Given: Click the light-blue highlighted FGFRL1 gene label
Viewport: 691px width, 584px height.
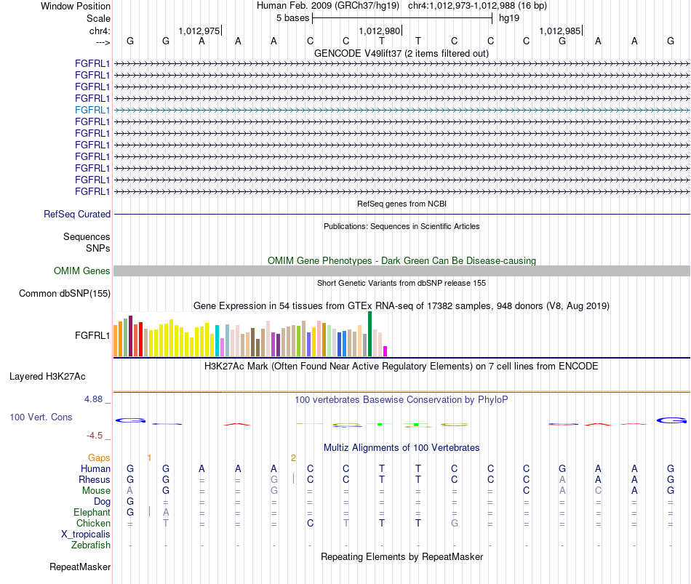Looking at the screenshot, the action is [x=92, y=111].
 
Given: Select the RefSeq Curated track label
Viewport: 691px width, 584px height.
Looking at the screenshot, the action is [x=77, y=215].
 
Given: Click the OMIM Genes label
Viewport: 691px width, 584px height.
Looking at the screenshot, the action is [x=82, y=271].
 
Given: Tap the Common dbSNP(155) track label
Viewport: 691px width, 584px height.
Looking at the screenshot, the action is [x=65, y=294].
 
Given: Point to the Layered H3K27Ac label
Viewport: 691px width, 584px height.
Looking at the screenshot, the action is [x=47, y=377].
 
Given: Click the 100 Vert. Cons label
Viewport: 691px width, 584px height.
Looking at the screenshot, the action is [x=41, y=417].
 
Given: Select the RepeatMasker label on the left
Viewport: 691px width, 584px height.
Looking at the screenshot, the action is [x=80, y=567].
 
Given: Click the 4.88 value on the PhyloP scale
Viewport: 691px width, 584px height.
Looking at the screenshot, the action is [x=93, y=399].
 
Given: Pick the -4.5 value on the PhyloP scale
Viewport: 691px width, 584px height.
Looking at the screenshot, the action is [x=95, y=436].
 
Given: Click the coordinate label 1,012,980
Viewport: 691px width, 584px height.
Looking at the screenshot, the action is [x=380, y=31].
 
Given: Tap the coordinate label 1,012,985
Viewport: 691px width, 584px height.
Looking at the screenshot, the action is [x=560, y=31].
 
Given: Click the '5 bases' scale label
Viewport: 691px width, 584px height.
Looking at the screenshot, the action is [x=292, y=18].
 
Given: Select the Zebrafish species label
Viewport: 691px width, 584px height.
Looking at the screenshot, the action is [x=91, y=545].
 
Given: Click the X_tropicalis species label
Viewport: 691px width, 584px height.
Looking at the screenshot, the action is [x=86, y=535].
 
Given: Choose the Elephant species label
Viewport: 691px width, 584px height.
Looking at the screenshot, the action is [x=92, y=512].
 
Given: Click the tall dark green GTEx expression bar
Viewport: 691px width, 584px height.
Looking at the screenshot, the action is [x=370, y=334].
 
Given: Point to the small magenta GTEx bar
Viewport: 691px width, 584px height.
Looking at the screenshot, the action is [x=386, y=351].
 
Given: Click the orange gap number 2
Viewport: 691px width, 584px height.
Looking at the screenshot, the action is [x=294, y=458].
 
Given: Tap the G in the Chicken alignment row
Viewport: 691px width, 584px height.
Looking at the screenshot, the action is [x=455, y=523].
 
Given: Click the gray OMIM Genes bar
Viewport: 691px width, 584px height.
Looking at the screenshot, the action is [x=402, y=271].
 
